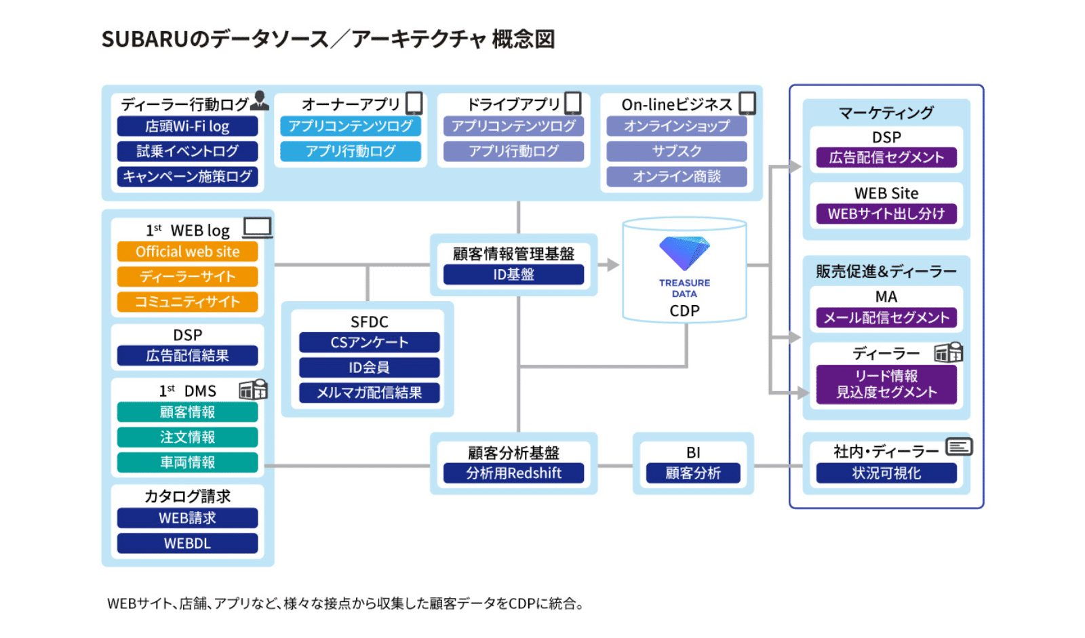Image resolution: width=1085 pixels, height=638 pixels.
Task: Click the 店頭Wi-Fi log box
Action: [187, 126]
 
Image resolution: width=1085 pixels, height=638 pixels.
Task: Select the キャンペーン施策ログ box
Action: [187, 176]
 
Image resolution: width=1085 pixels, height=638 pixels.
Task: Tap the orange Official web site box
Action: [187, 252]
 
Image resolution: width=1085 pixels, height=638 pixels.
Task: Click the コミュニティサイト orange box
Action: [187, 302]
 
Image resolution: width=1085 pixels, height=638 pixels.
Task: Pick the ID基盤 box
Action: [513, 275]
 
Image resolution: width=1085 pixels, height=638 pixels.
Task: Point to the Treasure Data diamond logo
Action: [684, 253]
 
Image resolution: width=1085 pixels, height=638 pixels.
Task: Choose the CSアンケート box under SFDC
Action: [369, 342]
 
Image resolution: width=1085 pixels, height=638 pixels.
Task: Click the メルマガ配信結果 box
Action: [369, 393]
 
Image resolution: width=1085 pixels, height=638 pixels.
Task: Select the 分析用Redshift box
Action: [513, 473]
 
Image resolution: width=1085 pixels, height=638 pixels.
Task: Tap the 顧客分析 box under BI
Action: [692, 473]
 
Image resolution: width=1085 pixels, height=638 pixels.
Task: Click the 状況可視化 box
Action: [886, 473]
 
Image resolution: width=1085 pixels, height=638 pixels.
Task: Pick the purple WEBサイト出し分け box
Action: [886, 214]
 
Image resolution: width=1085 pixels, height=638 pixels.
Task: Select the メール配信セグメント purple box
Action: [886, 317]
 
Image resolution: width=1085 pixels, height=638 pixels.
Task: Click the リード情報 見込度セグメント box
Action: [886, 384]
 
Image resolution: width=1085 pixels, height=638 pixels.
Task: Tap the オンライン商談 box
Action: [676, 176]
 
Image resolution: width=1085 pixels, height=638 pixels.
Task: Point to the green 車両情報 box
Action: [187, 462]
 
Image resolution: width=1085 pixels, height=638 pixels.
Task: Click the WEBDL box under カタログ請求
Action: [187, 543]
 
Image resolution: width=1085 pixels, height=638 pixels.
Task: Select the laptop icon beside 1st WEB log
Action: [258, 228]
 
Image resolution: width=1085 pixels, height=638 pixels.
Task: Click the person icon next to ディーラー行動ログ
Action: [259, 100]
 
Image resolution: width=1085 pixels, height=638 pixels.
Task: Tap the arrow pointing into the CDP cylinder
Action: [612, 264]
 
